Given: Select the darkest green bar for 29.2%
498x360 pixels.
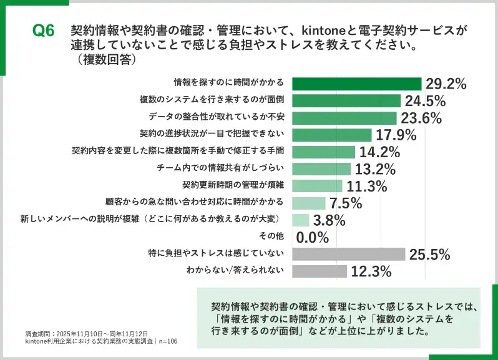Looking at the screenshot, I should [357, 84].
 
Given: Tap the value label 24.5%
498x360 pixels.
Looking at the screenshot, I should [425, 101].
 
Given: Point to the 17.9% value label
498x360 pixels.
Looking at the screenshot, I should [396, 135].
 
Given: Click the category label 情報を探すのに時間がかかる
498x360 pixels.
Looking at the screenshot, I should [229, 82].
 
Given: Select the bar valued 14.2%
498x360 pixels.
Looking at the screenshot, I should [323, 152].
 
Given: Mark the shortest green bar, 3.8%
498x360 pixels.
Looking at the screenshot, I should [301, 220].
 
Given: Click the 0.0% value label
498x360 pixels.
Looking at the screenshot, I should [313, 237].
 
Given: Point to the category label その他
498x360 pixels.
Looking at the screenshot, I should [271, 236].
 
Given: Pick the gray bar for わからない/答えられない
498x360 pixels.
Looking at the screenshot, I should [320, 271].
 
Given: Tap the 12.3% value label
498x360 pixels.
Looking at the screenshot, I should [371, 271].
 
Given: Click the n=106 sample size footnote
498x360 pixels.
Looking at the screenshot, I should [165, 341].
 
